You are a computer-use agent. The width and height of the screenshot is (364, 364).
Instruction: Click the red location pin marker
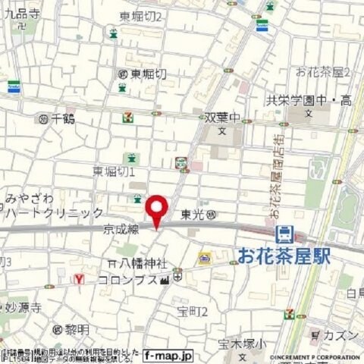[x=156, y=209]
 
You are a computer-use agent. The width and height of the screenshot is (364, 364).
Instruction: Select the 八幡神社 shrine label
[x=143, y=264]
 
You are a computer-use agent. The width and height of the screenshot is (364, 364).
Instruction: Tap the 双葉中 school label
[x=222, y=118]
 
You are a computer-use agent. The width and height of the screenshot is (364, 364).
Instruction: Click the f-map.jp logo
[x=168, y=354]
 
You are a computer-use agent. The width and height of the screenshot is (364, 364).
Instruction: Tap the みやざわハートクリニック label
[x=53, y=205]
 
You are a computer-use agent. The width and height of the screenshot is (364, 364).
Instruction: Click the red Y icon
[x=78, y=279]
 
